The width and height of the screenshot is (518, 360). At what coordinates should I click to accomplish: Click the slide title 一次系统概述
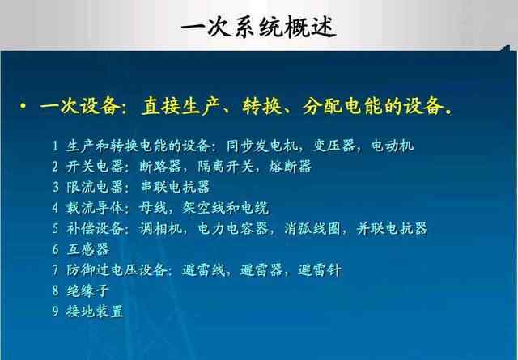click(259, 27)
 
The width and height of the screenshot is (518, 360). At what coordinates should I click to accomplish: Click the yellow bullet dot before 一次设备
click(23, 106)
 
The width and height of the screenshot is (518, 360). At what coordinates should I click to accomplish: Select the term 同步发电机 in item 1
click(262, 146)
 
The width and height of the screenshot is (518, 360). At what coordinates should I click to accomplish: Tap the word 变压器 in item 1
click(334, 146)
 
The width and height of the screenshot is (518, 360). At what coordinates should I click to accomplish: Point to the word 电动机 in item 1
click(392, 146)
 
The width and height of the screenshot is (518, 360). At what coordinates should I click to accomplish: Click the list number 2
click(55, 167)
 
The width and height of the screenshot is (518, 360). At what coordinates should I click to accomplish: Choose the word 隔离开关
click(226, 167)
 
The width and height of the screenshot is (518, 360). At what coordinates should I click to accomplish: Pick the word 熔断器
click(291, 167)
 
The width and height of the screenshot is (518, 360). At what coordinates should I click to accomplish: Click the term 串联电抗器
click(176, 187)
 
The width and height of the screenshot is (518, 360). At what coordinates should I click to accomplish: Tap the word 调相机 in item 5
click(160, 229)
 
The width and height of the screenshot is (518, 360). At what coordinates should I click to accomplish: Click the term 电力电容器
click(233, 229)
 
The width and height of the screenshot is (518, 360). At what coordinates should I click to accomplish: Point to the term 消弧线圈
click(312, 229)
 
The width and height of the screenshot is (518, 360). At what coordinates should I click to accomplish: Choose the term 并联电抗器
click(392, 229)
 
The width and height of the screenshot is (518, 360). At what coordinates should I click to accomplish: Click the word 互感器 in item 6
click(88, 249)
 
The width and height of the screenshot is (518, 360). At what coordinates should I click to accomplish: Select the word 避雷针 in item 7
click(320, 270)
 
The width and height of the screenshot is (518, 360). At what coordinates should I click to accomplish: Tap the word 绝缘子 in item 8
click(88, 290)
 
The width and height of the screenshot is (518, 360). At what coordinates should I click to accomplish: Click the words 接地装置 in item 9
click(95, 311)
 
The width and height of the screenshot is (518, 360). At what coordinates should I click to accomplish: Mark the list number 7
click(55, 270)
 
